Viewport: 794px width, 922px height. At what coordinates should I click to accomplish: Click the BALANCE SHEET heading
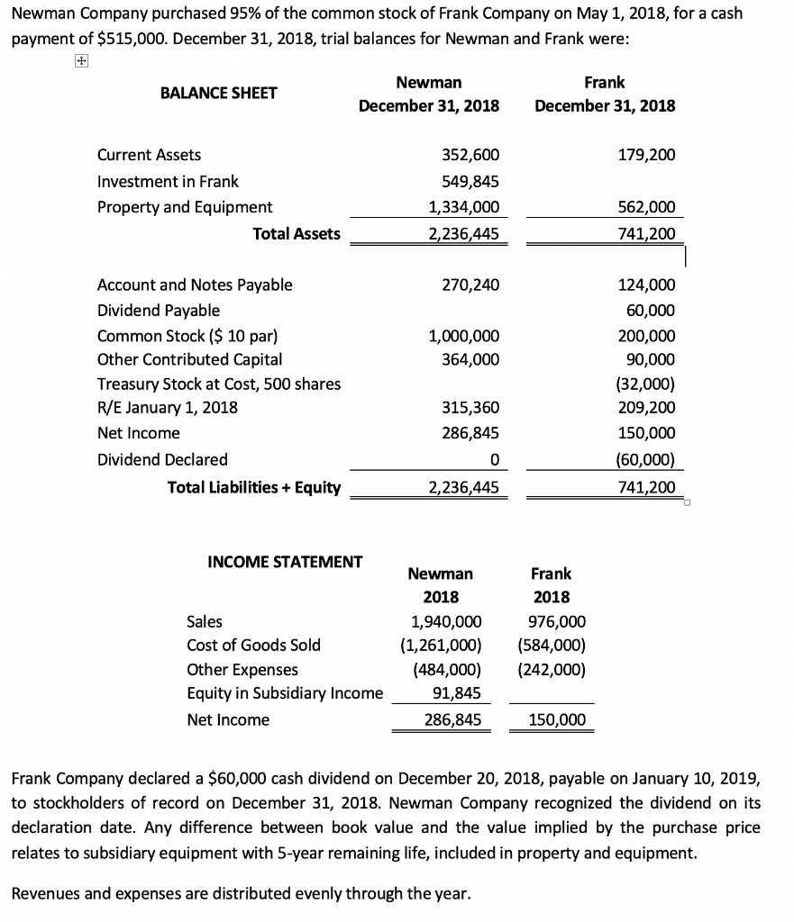[x=218, y=93]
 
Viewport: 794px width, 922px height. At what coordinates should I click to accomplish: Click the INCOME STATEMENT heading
[x=285, y=562]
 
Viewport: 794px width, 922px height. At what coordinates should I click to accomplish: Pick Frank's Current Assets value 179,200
[x=647, y=155]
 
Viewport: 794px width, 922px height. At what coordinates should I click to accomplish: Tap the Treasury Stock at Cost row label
[x=219, y=384]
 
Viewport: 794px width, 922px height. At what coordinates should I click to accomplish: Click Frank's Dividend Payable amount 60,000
[x=650, y=311]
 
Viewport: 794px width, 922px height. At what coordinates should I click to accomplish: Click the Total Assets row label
[x=297, y=234]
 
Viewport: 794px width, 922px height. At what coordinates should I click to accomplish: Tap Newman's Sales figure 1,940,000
[x=445, y=621]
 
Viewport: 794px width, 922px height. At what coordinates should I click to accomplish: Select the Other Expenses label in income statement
[x=242, y=670]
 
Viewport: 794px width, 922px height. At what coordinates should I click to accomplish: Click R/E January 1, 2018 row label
[x=168, y=408]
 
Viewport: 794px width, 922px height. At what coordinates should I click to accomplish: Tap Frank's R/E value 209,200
[x=647, y=408]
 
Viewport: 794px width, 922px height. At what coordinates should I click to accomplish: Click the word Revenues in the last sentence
[x=43, y=894]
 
